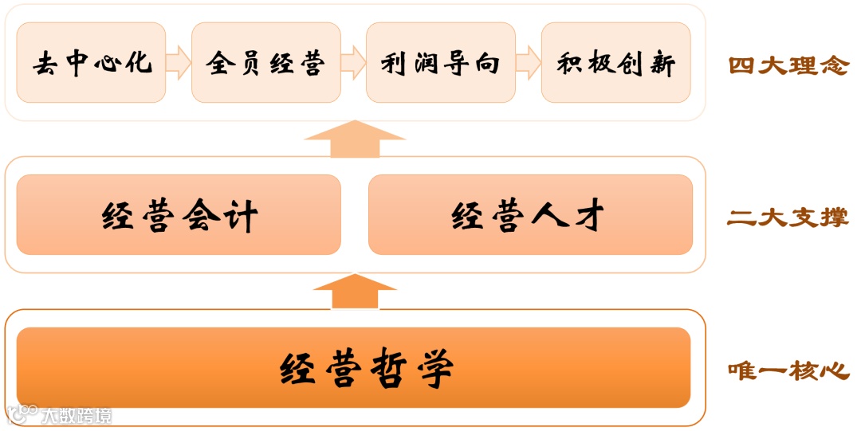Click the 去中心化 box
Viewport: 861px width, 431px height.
pyautogui.click(x=91, y=62)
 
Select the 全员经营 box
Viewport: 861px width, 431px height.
pyautogui.click(x=265, y=62)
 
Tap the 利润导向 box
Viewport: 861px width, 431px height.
pyautogui.click(x=440, y=62)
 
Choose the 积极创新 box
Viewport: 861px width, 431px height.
pyautogui.click(x=615, y=62)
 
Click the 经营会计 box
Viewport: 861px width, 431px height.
pyautogui.click(x=179, y=215)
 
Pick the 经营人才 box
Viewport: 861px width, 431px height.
pyautogui.click(x=530, y=215)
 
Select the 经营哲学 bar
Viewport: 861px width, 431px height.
pyautogui.click(x=353, y=367)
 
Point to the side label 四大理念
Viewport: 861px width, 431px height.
pyautogui.click(x=788, y=65)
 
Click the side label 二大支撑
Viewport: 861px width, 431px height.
pyautogui.click(x=788, y=217)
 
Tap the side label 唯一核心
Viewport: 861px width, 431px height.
pyautogui.click(x=788, y=370)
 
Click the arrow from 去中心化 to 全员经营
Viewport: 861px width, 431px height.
pyautogui.click(x=179, y=62)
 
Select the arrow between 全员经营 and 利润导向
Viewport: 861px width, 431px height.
pyautogui.click(x=353, y=62)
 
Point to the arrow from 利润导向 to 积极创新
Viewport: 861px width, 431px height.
pyautogui.click(x=528, y=62)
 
